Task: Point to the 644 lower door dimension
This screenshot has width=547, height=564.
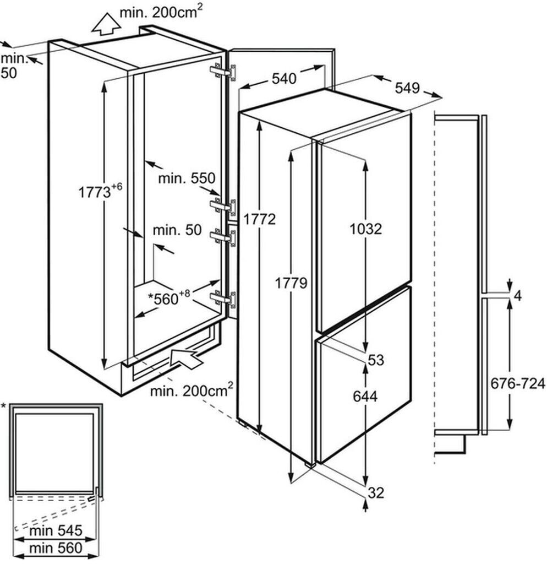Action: point(365,396)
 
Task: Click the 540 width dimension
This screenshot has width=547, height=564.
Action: point(284,79)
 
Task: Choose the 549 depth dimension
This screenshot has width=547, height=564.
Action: point(407,88)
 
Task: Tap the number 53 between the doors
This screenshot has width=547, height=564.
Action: point(376,360)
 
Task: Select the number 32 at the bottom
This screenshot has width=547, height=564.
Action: point(376,493)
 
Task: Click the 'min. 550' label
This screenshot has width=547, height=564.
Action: point(185,178)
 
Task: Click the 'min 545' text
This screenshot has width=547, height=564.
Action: point(56,531)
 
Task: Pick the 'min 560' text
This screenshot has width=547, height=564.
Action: point(56,547)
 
